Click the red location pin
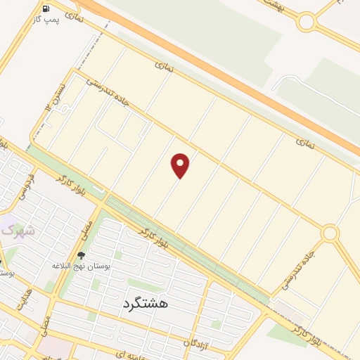(181, 165)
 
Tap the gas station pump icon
(46, 9)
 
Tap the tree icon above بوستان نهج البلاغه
(81, 255)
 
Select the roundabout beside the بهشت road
(306, 22)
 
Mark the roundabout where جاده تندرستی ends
(330, 233)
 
